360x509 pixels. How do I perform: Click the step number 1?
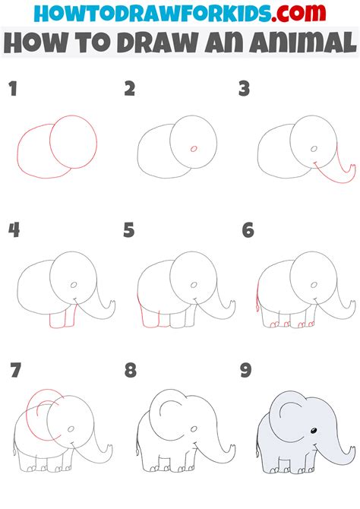(x=13, y=90)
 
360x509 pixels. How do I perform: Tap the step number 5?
(x=129, y=229)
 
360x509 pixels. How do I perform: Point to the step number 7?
(x=14, y=371)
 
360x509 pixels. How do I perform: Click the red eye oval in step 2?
(x=193, y=148)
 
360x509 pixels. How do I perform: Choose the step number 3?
(x=244, y=90)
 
